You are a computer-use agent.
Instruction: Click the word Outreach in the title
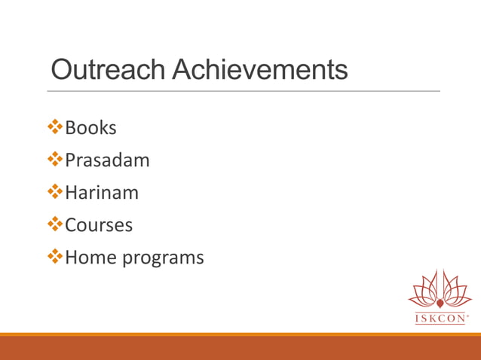pos(108,70)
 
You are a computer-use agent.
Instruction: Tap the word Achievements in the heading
pos(260,70)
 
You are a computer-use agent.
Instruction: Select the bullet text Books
pos(90,128)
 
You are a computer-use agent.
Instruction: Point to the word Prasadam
pos(107,160)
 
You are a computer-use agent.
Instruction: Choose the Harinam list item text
pos(102,193)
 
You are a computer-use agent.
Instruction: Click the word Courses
pos(99,225)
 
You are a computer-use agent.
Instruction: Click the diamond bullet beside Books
pos(55,128)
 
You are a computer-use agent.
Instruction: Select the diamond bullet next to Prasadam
pos(55,160)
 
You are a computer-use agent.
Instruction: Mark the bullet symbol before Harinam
pos(55,193)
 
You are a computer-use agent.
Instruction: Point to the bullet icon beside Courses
pos(55,225)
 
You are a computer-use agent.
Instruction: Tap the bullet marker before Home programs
pos(55,258)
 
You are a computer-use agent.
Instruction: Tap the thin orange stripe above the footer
pos(240,334)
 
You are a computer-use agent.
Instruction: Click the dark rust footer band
pos(240,348)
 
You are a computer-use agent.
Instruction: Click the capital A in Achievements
pos(183,70)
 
